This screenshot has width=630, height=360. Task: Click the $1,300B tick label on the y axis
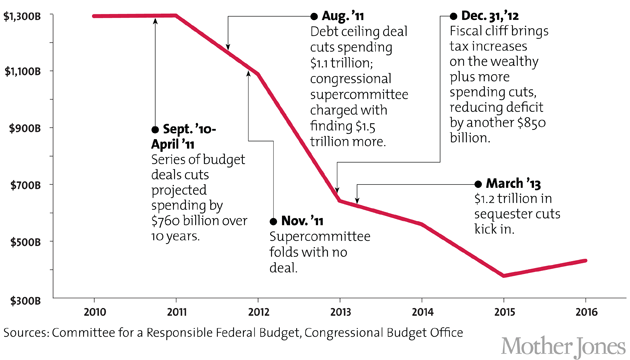coord(22,15)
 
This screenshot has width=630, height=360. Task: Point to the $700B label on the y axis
coord(25,185)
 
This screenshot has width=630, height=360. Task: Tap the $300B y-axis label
coord(25,299)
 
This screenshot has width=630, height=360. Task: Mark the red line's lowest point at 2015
coord(503,275)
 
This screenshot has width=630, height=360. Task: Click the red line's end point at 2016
coord(585,261)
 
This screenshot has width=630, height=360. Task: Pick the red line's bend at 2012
coord(258,74)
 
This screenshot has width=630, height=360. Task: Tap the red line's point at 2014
coord(421,224)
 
